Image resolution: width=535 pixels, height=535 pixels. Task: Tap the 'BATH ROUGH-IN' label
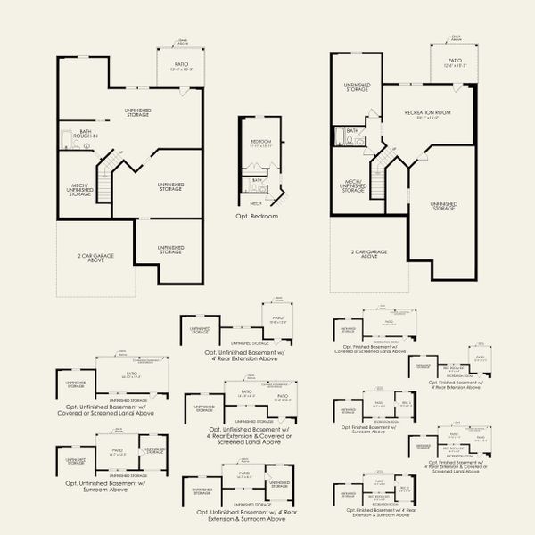coord(86,134)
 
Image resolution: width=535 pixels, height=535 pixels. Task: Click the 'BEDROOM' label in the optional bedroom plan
coord(259,142)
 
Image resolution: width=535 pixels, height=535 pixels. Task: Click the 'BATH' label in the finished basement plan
coord(352,132)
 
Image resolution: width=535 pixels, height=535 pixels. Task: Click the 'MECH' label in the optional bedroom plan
coord(256,203)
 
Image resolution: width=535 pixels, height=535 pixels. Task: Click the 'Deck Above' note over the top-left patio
coord(182,41)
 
